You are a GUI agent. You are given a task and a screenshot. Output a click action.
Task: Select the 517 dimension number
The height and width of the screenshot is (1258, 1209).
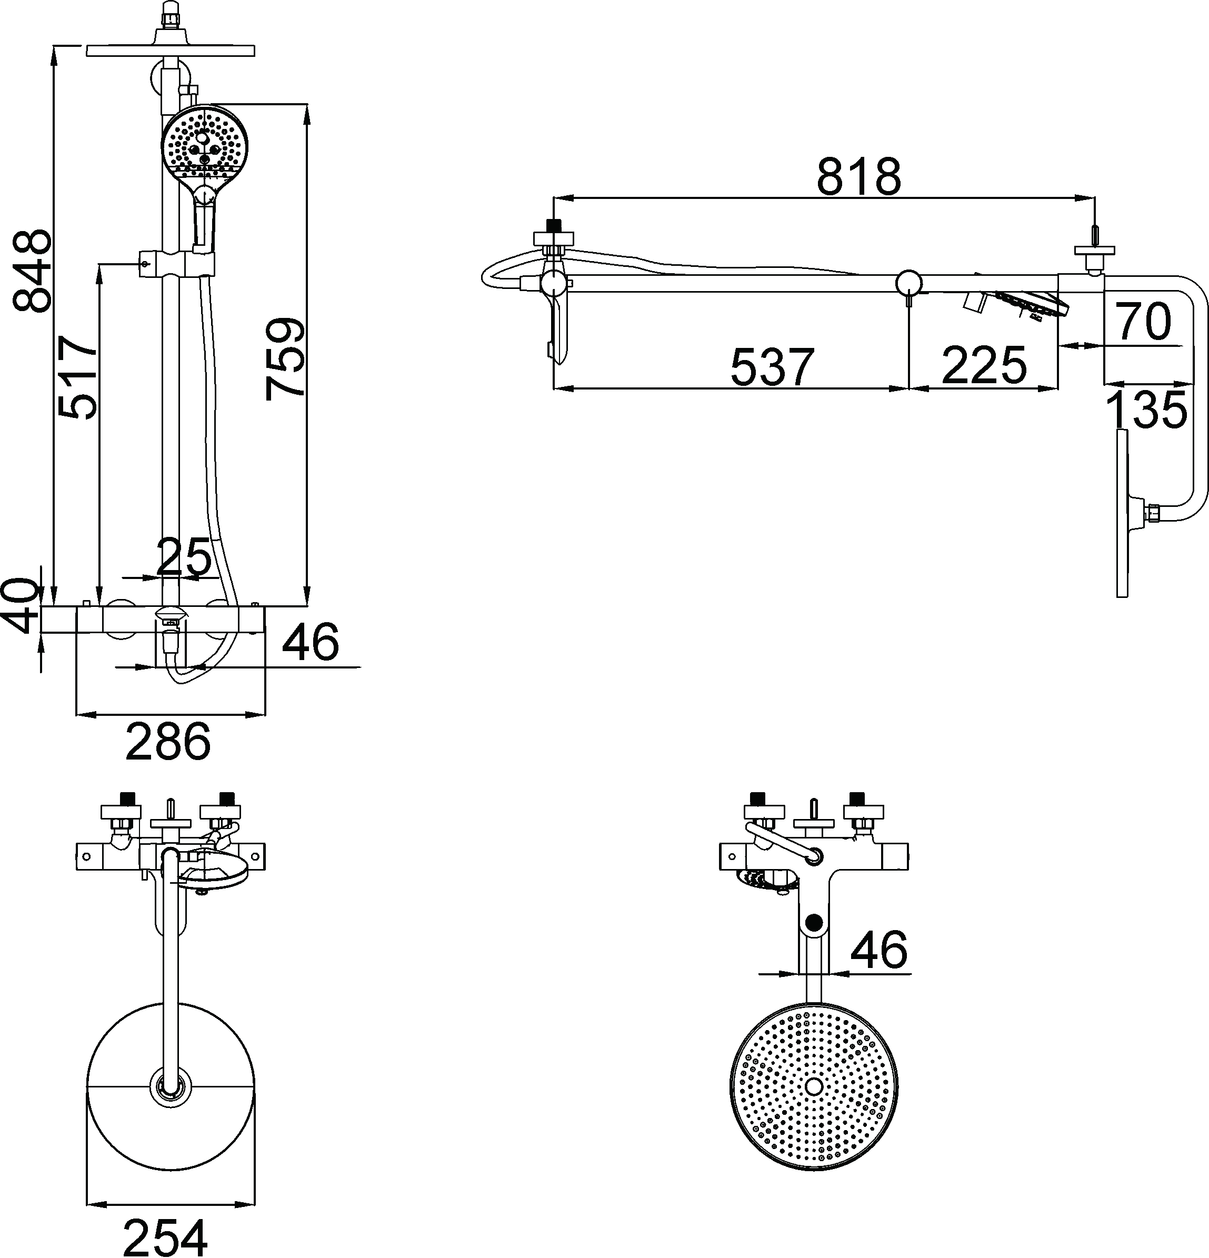tap(77, 377)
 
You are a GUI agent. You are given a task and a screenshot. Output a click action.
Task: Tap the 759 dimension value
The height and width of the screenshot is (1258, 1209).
tap(285, 358)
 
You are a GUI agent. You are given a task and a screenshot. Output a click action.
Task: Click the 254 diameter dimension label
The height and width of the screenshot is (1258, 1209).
tap(166, 1237)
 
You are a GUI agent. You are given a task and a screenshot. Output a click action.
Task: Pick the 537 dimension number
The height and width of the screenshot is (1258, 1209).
tap(772, 366)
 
